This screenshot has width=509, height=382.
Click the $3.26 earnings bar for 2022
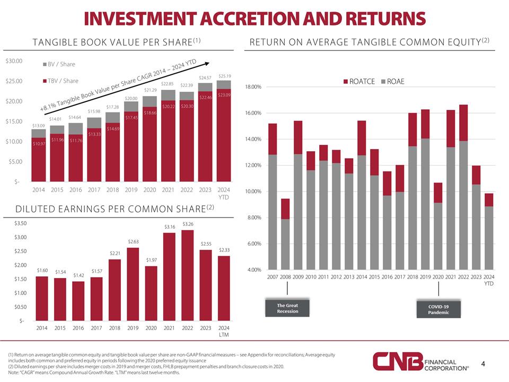(x=187, y=275)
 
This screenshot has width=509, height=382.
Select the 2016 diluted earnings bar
(x=78, y=300)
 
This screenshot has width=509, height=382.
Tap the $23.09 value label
(x=224, y=95)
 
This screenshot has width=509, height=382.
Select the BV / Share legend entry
(x=59, y=64)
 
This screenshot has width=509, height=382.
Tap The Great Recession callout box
(x=287, y=308)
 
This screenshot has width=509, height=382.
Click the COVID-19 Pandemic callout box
(x=438, y=309)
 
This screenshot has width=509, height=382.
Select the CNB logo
(x=397, y=362)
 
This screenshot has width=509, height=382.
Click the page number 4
(x=483, y=363)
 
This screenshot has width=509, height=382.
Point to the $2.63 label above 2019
(x=133, y=242)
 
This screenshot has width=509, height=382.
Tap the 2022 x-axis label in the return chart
(x=463, y=277)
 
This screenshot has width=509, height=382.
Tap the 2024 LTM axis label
(x=223, y=331)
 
